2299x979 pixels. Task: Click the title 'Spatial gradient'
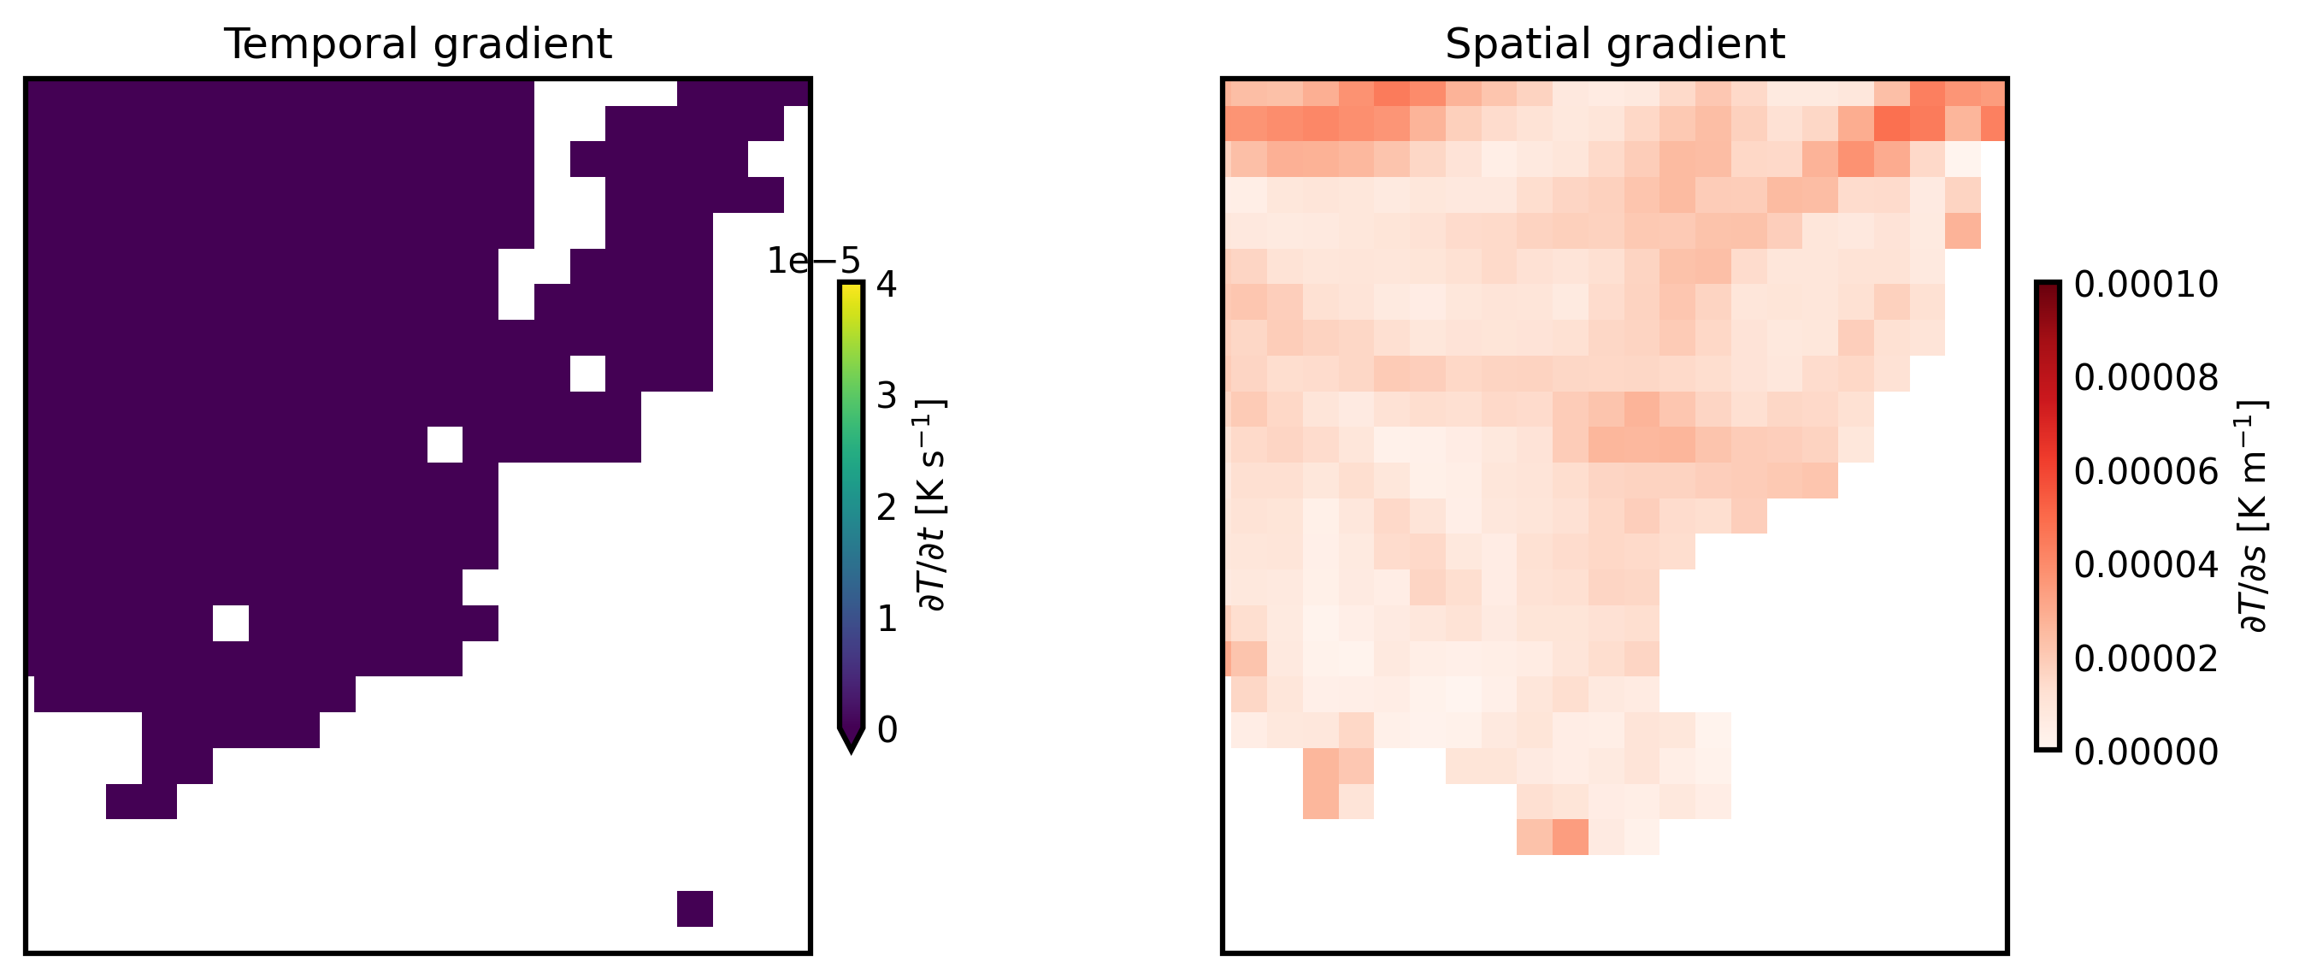[1614, 44]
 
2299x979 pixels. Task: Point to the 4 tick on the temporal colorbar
[887, 285]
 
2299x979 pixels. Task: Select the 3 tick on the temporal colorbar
[887, 395]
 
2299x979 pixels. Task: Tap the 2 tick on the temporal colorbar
[887, 507]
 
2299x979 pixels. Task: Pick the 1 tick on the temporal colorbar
[887, 618]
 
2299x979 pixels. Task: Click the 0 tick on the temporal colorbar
[887, 730]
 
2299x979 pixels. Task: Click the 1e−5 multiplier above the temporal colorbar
[813, 261]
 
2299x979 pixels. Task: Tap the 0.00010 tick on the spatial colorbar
[2145, 285]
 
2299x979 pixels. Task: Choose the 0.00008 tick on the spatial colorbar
[2145, 379]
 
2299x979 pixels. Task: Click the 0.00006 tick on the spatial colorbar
[2145, 471]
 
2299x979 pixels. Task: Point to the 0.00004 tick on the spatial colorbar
[2145, 565]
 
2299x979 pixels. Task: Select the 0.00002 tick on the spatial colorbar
[2145, 658]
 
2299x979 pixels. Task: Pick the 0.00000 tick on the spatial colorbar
[2145, 752]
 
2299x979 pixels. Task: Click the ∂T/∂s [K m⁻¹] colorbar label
[2254, 516]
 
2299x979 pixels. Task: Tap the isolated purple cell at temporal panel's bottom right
[694, 909]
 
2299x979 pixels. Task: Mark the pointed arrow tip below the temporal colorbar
[851, 746]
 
